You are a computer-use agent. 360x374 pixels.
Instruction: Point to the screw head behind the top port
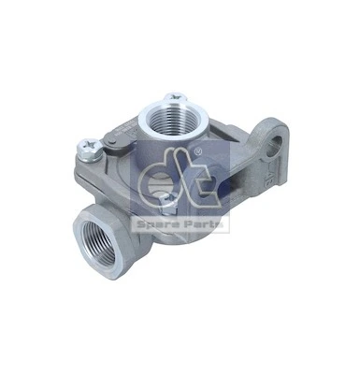click(172, 96)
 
